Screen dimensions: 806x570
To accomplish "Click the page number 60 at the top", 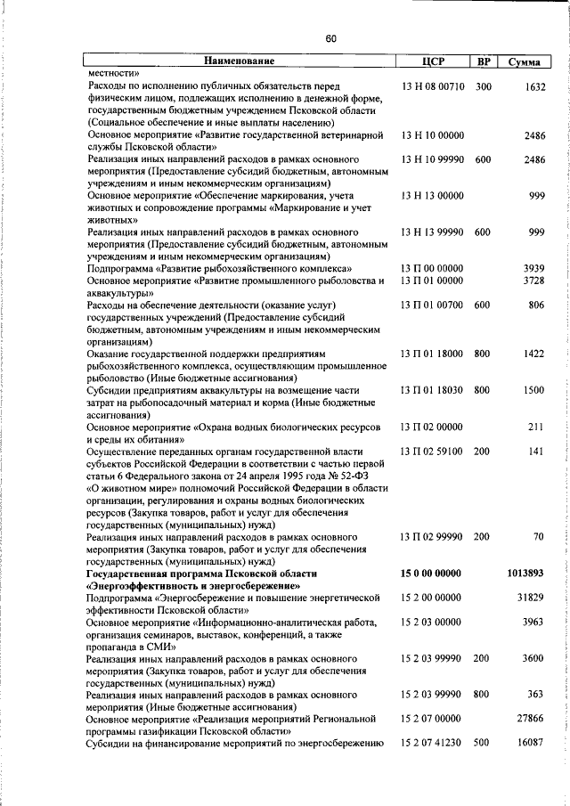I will click(x=330, y=37).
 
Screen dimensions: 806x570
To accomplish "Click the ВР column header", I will click(x=483, y=61).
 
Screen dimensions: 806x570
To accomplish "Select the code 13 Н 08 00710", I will click(x=432, y=86).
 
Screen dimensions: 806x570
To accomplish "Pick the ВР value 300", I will click(x=483, y=86).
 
